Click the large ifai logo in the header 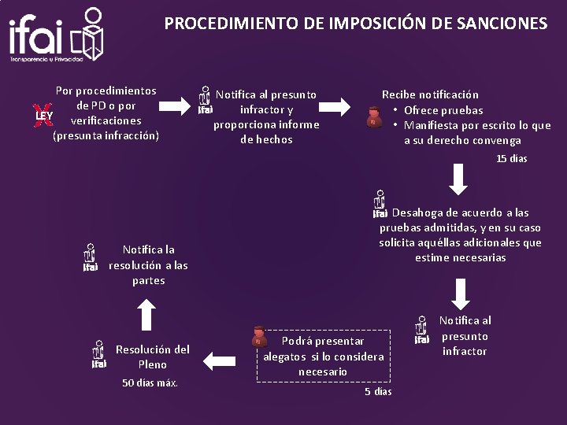(56, 35)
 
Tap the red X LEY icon (44, 115)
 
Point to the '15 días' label (511, 159)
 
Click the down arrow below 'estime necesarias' (461, 293)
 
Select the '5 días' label (377, 391)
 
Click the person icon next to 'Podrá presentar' (258, 338)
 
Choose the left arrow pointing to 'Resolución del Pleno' (220, 360)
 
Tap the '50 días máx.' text (150, 382)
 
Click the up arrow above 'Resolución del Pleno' (145, 315)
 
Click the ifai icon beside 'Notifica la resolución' (91, 257)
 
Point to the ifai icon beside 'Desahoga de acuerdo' (379, 204)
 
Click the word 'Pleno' (152, 364)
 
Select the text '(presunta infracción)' (106, 135)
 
